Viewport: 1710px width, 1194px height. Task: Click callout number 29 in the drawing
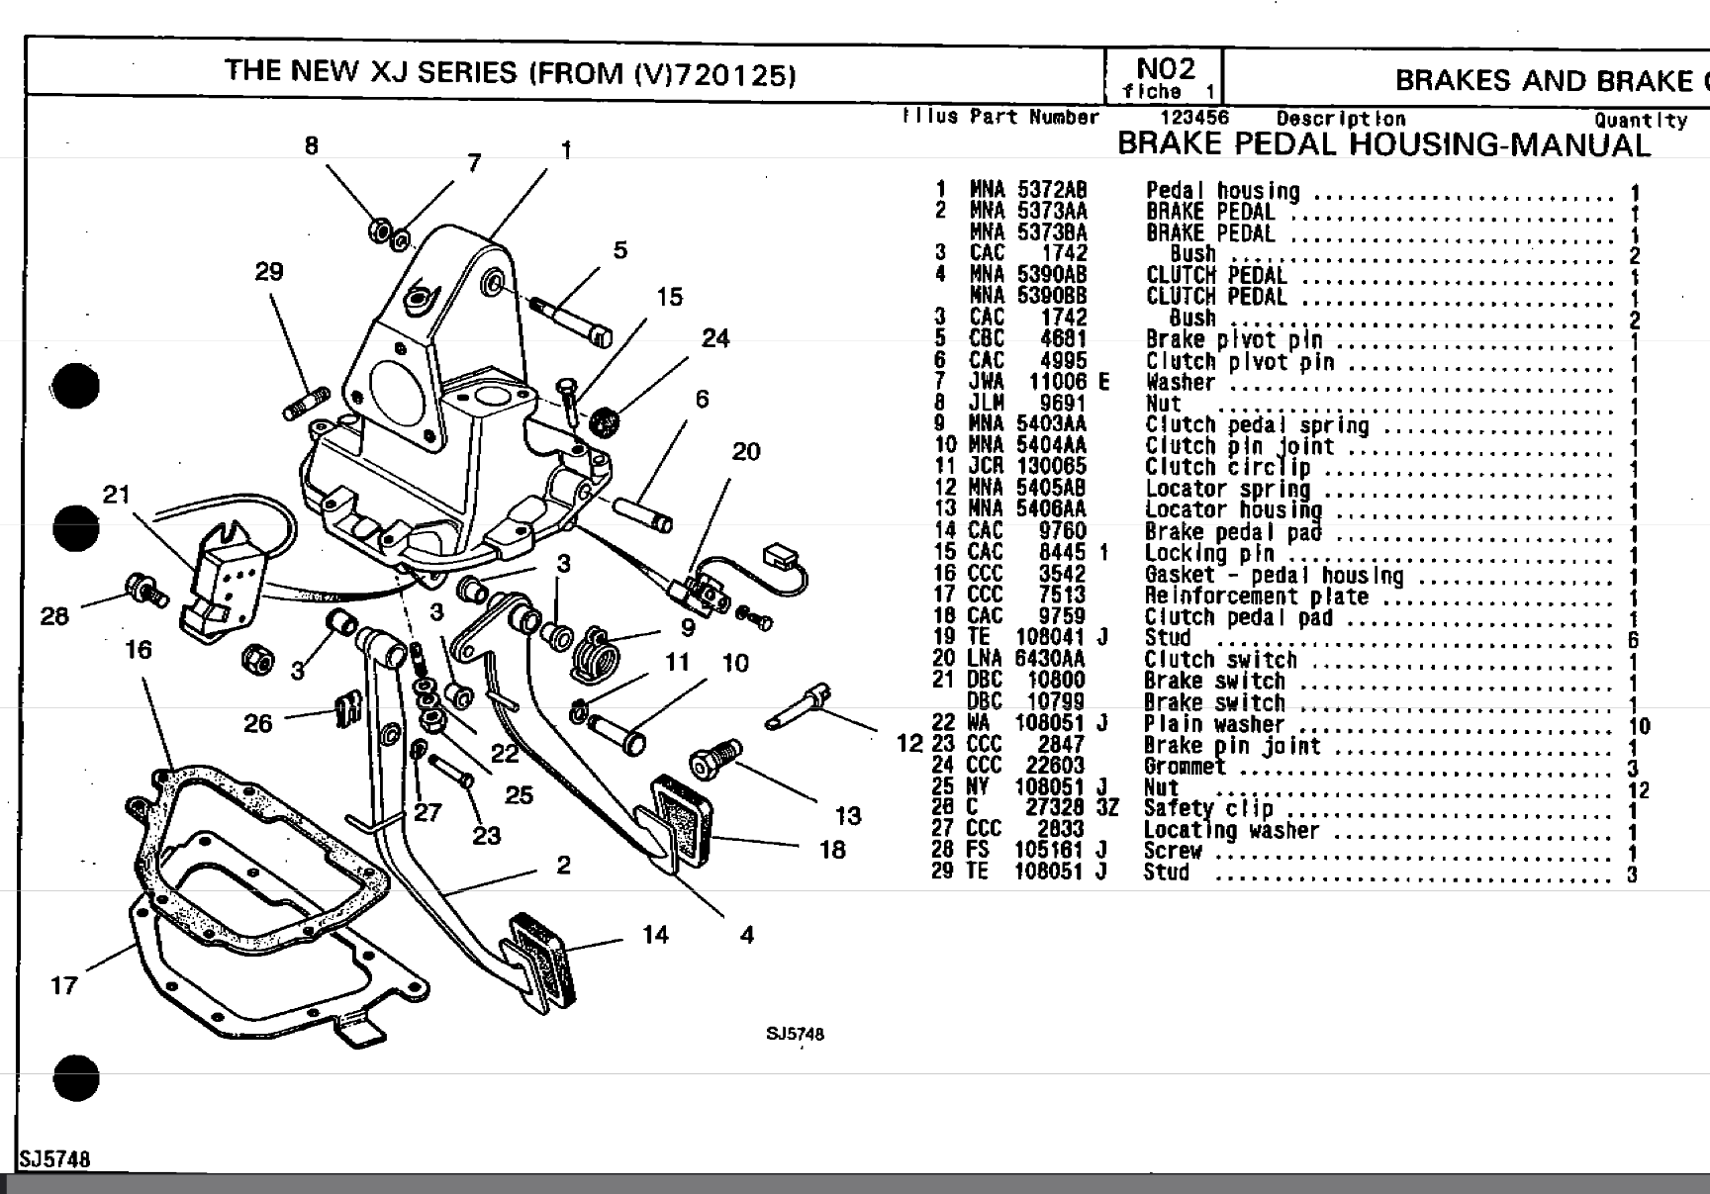point(269,272)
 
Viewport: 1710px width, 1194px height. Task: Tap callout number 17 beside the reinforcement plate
point(64,985)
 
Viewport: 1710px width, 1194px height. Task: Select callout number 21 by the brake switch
point(117,494)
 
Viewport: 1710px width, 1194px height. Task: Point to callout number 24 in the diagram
point(715,338)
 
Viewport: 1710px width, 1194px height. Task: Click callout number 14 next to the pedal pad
point(655,935)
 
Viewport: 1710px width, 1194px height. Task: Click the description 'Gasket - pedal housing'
point(1274,576)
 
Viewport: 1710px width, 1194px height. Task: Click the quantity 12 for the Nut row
point(1638,790)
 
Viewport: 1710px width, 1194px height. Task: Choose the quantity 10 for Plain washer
point(1638,726)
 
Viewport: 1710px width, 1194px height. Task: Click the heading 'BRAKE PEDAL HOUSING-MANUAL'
point(1383,144)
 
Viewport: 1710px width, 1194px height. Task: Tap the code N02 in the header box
point(1165,68)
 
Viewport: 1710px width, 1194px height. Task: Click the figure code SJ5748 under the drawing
point(794,1034)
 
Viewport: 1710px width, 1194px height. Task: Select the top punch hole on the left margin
point(76,386)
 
